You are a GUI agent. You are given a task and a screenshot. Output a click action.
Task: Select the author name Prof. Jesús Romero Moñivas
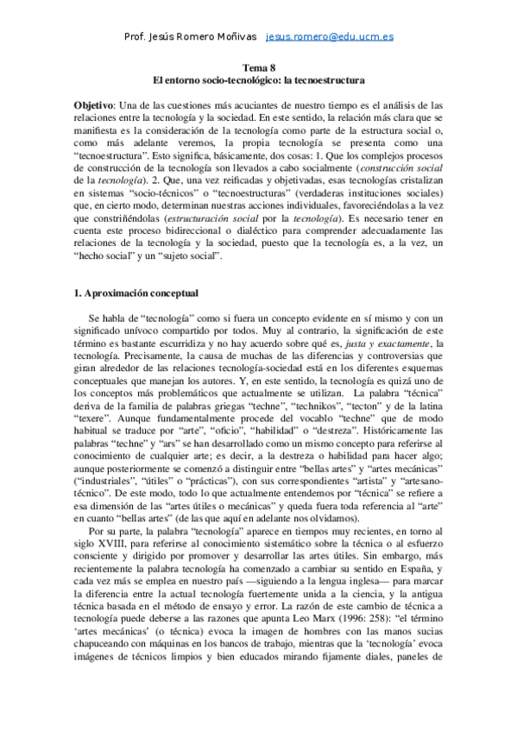coord(191,37)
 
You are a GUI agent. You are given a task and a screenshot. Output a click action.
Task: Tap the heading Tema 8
coord(258,67)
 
